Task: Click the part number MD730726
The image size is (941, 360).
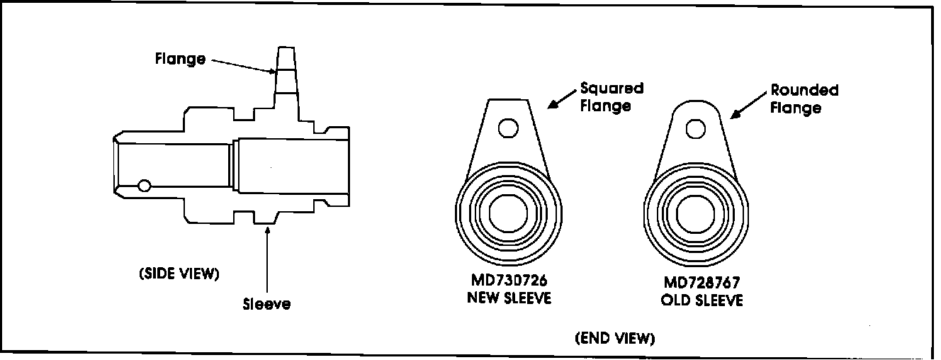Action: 508,283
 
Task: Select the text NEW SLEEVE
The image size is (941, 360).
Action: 508,298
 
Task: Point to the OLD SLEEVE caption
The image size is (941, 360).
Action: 702,300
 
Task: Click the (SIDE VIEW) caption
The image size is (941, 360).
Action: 179,274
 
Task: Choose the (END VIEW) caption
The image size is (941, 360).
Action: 615,338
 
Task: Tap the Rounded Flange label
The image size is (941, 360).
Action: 804,99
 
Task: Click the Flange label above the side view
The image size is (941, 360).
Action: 180,59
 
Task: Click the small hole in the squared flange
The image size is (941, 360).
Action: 507,128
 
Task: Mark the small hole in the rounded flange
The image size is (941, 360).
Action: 694,129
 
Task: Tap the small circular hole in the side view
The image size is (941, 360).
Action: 145,186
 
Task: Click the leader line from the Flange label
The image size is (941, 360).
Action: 241,65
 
